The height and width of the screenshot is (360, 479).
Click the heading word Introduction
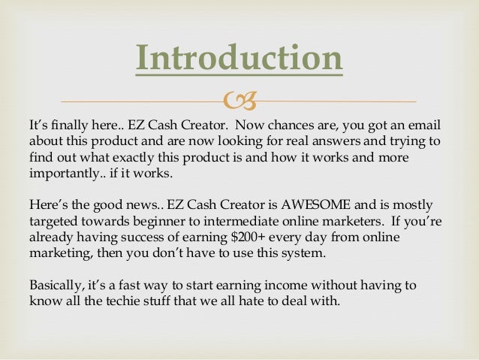coord(239,59)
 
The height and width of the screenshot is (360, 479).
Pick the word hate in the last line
coord(258,304)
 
